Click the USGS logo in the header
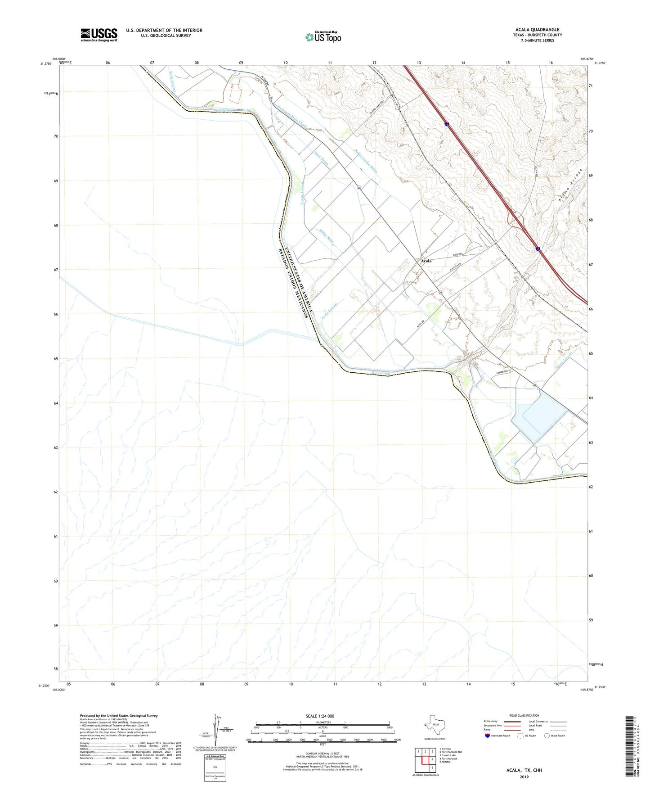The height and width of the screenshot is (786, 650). pyautogui.click(x=99, y=35)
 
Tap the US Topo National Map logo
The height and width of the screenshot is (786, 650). pyautogui.click(x=323, y=37)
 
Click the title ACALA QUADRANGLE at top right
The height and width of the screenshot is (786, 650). pyautogui.click(x=537, y=30)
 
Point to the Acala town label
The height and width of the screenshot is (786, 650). pyautogui.click(x=426, y=261)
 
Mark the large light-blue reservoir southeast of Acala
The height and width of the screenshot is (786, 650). pyautogui.click(x=538, y=419)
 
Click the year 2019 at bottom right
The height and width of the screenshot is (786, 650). pyautogui.click(x=524, y=777)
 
